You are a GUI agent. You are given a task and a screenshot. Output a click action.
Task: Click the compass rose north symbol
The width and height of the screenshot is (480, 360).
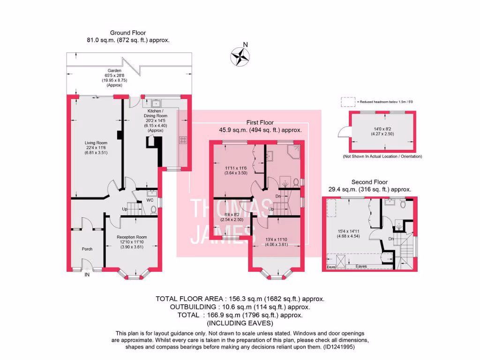(240, 55)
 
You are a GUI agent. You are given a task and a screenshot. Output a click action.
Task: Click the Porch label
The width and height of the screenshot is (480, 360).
(87, 249)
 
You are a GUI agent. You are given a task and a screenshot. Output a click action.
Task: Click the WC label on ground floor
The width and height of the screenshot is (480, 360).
(150, 201)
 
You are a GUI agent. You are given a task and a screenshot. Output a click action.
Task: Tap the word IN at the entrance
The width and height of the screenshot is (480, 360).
(87, 275)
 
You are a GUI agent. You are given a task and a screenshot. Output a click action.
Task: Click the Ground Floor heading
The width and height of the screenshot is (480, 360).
(128, 33)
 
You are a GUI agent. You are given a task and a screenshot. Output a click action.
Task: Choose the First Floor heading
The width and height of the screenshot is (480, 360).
(260, 123)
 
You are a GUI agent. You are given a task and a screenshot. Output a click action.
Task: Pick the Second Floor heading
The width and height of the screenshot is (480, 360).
(370, 182)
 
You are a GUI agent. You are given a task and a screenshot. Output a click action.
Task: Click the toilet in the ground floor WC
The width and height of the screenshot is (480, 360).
(153, 210)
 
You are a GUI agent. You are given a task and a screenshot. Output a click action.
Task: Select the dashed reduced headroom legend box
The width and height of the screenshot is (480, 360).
(347, 101)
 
